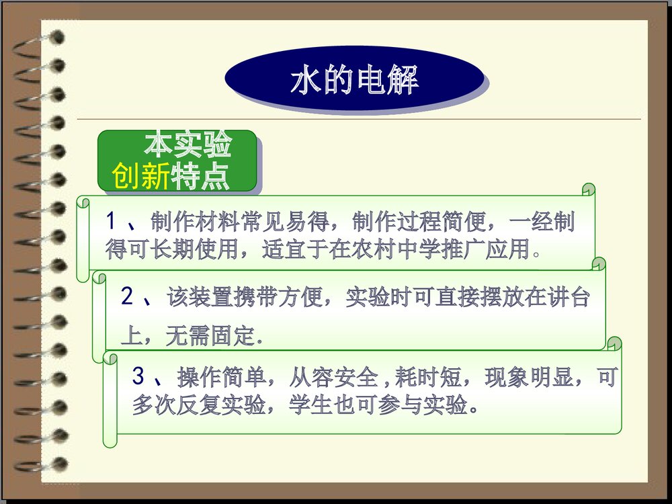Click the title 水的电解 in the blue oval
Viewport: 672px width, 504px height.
coord(354,80)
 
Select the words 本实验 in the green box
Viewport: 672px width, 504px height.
coord(187,144)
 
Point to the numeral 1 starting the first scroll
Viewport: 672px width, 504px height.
coord(112,222)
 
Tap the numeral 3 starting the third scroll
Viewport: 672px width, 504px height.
coord(138,377)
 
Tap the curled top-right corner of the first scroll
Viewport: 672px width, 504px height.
coord(589,190)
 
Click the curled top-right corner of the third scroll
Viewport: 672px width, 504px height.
coord(614,345)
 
